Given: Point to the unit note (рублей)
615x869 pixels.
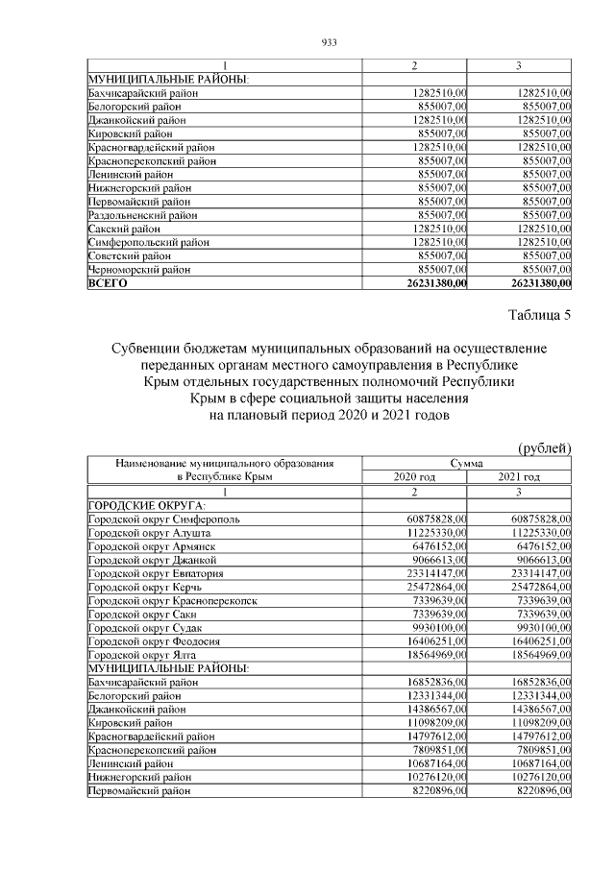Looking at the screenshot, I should pos(545,447).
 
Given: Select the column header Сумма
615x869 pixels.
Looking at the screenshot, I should pos(466,463).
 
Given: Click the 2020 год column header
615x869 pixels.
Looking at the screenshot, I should pos(414,477).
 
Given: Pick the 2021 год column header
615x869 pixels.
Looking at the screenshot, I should pos(519,477).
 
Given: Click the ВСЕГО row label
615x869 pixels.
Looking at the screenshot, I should pos(108,284).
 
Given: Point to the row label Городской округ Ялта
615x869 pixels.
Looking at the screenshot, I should pos(140,654).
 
